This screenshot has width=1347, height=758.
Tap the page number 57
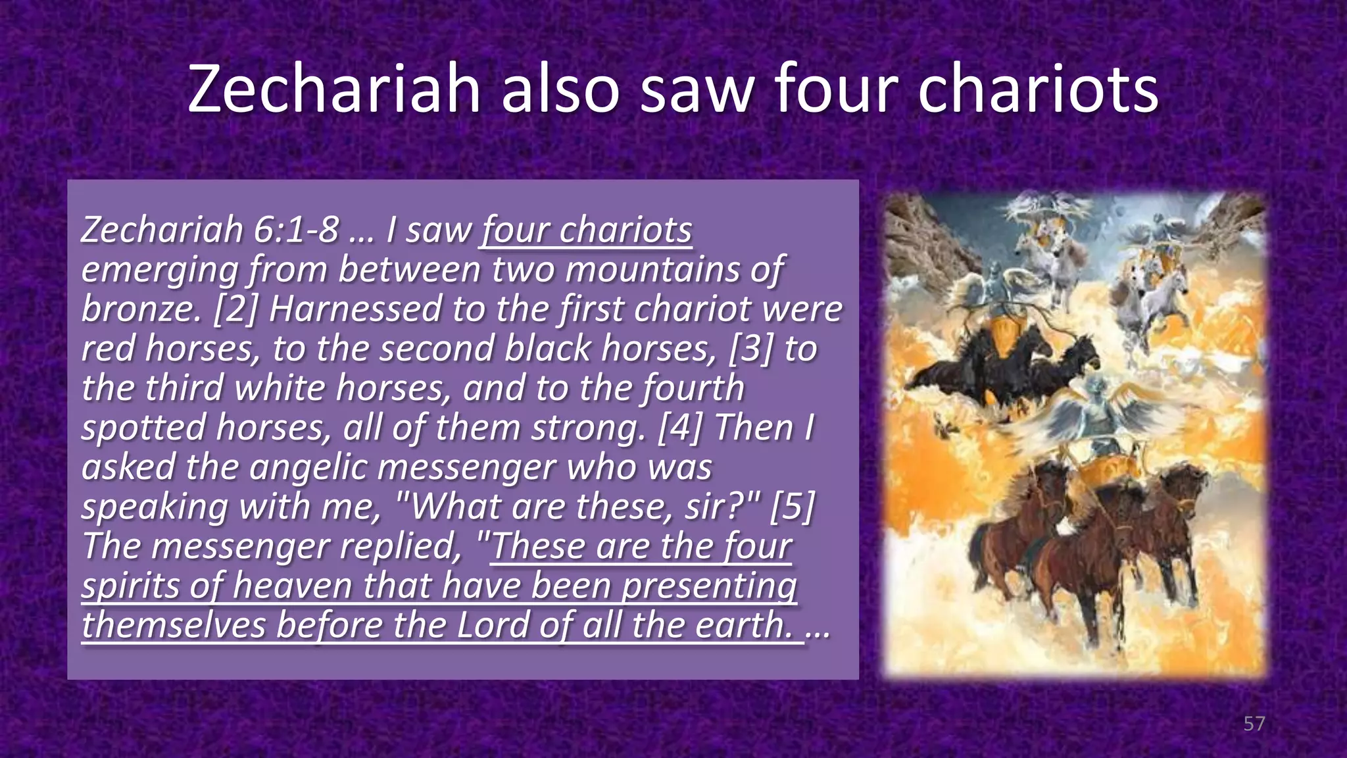[1254, 724]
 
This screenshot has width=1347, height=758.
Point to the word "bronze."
[141, 309]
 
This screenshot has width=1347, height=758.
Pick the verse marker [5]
[792, 507]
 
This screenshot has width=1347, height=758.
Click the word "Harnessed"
[355, 309]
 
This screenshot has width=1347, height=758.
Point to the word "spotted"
[143, 428]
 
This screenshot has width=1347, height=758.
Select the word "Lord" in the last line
[493, 625]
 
